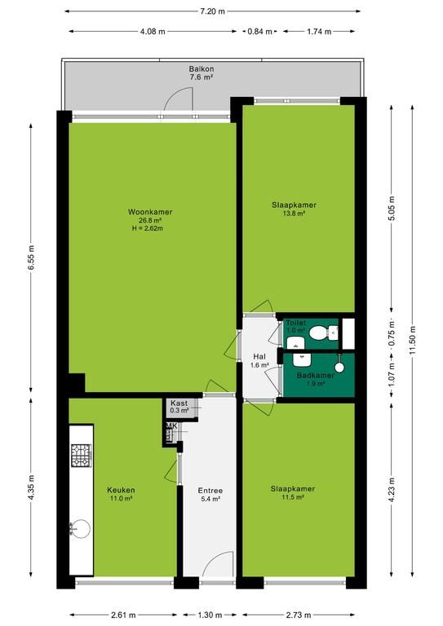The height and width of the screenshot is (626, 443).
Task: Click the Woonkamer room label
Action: pos(150,212)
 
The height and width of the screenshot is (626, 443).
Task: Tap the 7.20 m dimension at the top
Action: pos(212,11)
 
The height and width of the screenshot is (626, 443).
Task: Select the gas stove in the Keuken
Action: pos(82,455)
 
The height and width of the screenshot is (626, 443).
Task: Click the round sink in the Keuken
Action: pos(80,528)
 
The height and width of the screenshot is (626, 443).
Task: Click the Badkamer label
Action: pos(316,375)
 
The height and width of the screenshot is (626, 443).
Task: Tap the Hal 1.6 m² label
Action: pos(259,360)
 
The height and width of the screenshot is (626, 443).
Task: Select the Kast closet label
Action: pos(179,403)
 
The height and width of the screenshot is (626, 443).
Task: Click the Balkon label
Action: pos(202,68)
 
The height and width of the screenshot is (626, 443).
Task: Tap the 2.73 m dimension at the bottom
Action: pos(299,615)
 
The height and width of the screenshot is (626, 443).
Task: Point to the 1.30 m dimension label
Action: pos(210,615)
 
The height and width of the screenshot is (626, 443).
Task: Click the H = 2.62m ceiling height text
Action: pos(147,228)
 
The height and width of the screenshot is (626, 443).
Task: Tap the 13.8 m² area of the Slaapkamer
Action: pos(294,214)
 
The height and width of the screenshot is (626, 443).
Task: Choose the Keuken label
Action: pos(121,490)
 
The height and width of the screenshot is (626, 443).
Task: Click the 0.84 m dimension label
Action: pos(259,31)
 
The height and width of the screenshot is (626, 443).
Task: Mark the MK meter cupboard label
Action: pos(171,426)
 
